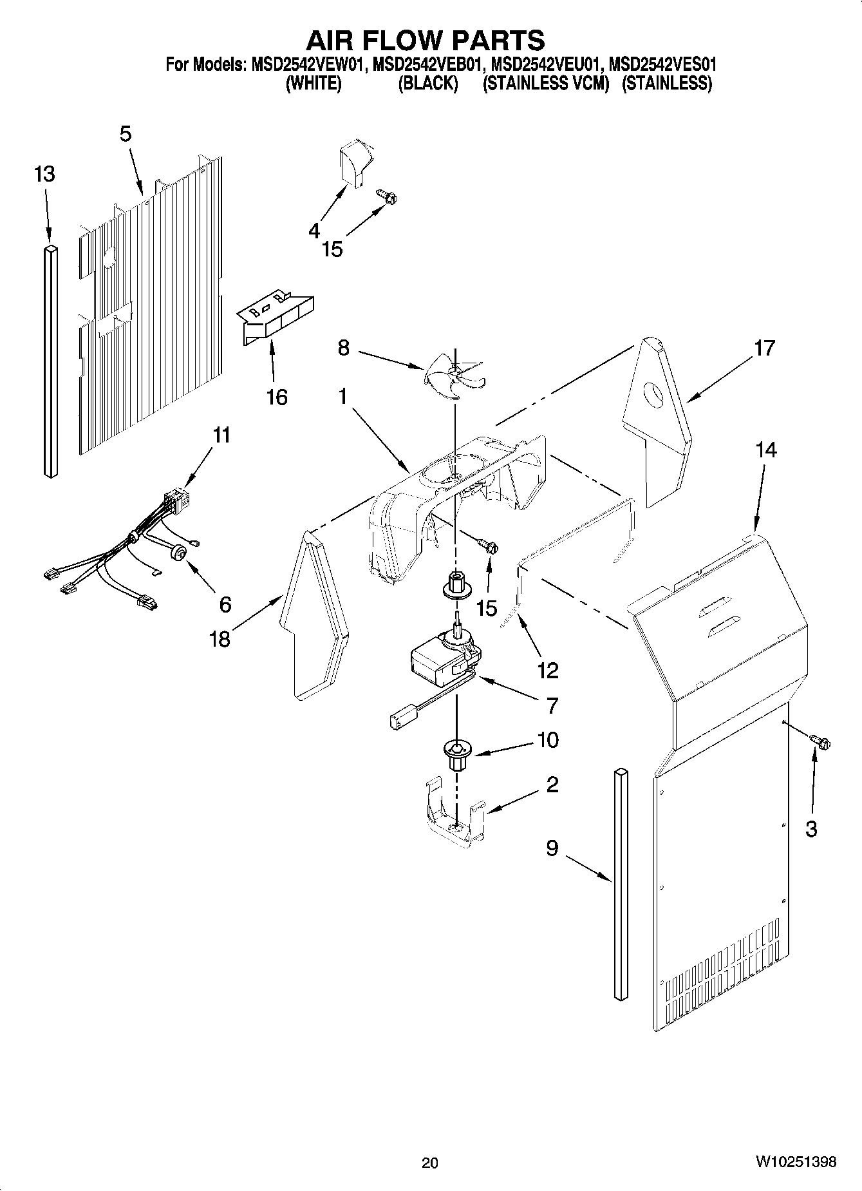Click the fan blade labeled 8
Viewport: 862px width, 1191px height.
pyautogui.click(x=454, y=377)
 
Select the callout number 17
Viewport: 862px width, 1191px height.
pyautogui.click(x=764, y=348)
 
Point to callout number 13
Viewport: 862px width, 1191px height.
pyautogui.click(x=44, y=174)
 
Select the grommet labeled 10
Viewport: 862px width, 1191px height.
pyautogui.click(x=456, y=754)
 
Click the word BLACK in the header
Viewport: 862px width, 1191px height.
pyautogui.click(x=428, y=84)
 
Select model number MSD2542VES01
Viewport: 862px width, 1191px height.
pyautogui.click(x=662, y=65)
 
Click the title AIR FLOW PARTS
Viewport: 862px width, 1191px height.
pyautogui.click(x=425, y=40)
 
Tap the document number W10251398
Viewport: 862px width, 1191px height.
pyautogui.click(x=796, y=1161)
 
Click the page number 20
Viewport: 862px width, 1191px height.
pyautogui.click(x=430, y=1162)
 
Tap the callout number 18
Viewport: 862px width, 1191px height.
pyautogui.click(x=220, y=639)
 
